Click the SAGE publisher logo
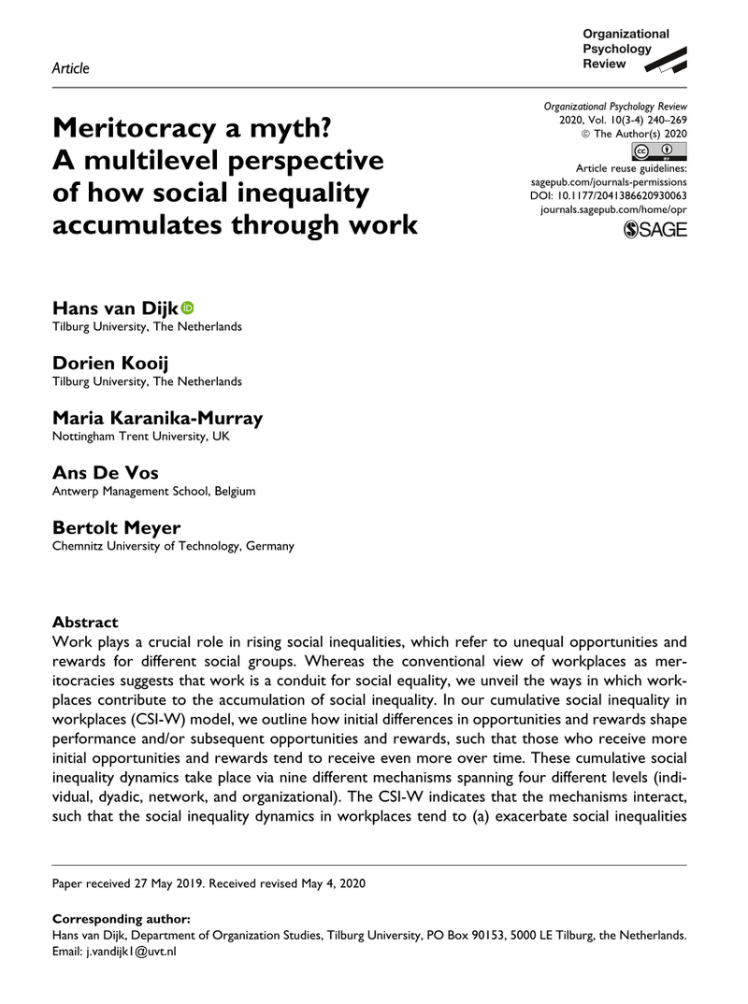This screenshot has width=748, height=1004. (654, 231)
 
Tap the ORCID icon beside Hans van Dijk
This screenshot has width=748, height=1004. (187, 307)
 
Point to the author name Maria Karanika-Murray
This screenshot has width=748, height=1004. (157, 417)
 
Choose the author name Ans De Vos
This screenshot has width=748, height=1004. (105, 471)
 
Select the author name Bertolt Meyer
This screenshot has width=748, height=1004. (117, 526)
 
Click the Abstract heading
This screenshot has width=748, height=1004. (85, 622)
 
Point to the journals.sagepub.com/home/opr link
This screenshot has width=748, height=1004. (613, 212)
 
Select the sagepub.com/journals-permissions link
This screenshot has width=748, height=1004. (608, 182)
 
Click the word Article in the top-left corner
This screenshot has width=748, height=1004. (71, 67)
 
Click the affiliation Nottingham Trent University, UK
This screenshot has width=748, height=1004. (140, 436)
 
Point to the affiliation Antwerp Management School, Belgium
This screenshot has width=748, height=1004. (153, 491)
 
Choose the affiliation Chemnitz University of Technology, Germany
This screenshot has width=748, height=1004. (173, 546)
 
